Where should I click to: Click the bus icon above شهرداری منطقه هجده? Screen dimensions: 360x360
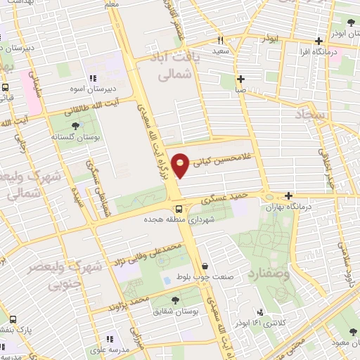(x=179, y=209)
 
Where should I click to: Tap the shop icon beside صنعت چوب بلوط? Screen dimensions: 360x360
(x=205, y=266)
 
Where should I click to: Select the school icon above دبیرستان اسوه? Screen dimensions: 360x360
(x=92, y=79)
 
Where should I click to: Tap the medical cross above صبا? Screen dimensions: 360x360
(x=241, y=79)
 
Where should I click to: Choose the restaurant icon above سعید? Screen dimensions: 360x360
(x=220, y=41)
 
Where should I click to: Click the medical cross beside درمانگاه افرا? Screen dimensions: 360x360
(x=319, y=40)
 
